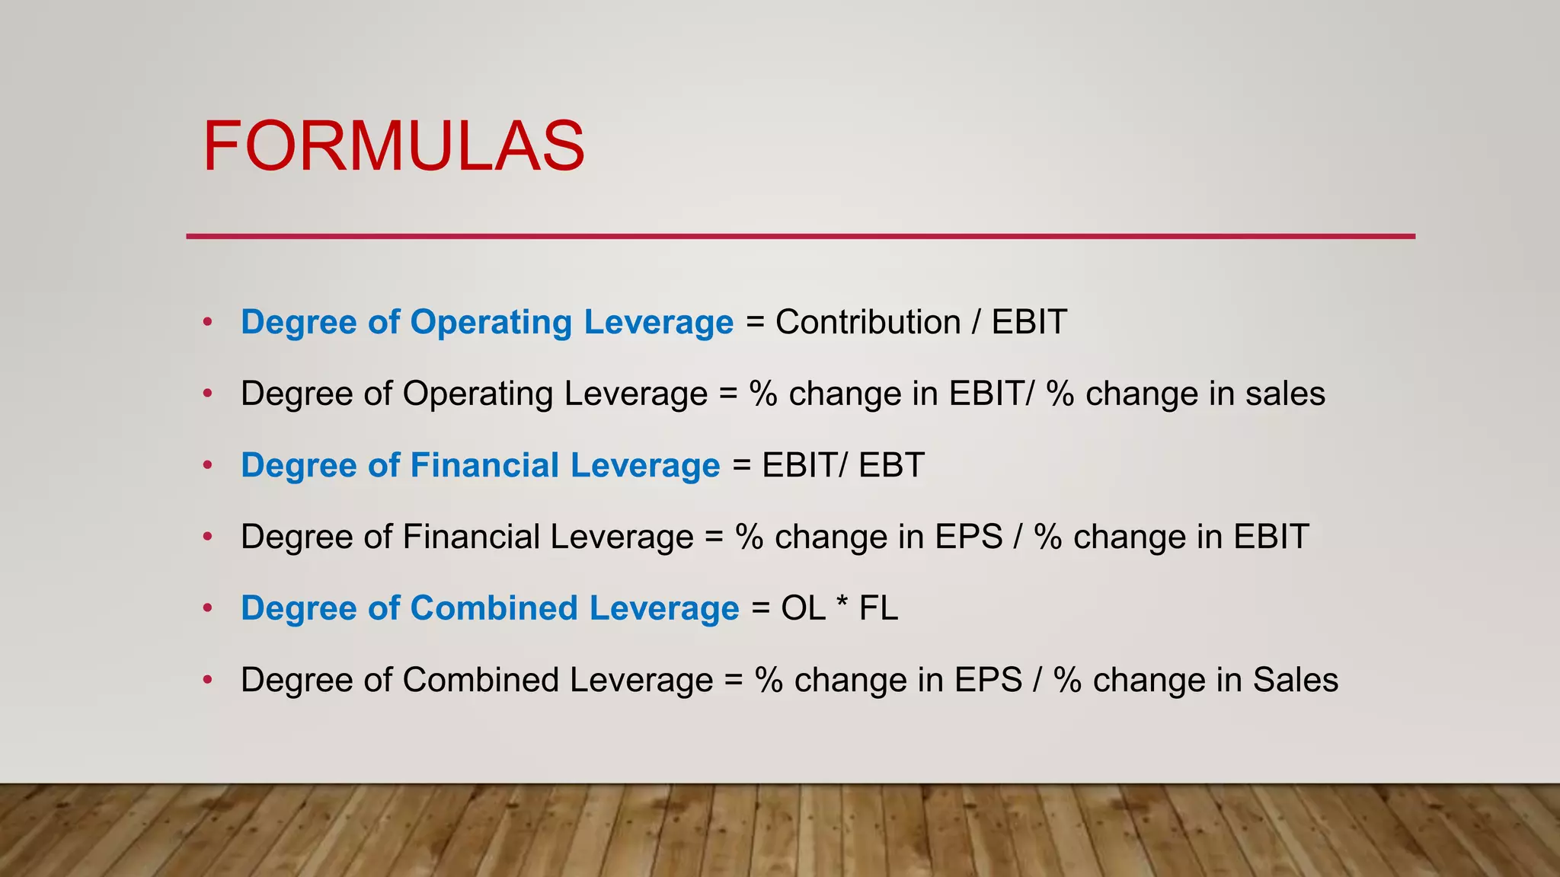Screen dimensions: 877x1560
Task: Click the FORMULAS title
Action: pos(393,146)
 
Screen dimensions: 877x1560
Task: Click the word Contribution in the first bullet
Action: pos(868,322)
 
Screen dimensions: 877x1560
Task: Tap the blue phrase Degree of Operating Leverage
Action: pos(487,322)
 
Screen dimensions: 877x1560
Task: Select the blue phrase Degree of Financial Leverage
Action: pos(480,465)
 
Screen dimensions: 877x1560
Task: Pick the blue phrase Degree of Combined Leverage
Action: pos(490,608)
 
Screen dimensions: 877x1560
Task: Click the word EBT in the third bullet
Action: pos(891,465)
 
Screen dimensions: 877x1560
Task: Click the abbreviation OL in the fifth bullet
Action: pos(803,608)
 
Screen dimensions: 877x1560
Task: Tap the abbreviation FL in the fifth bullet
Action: pos(878,608)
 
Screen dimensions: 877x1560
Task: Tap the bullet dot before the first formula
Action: pos(207,322)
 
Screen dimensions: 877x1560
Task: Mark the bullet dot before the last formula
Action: pos(207,680)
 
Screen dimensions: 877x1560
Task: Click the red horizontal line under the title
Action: pos(800,237)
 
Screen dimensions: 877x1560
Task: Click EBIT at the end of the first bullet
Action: pos(1029,322)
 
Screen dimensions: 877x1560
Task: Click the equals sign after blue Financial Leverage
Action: pos(741,465)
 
